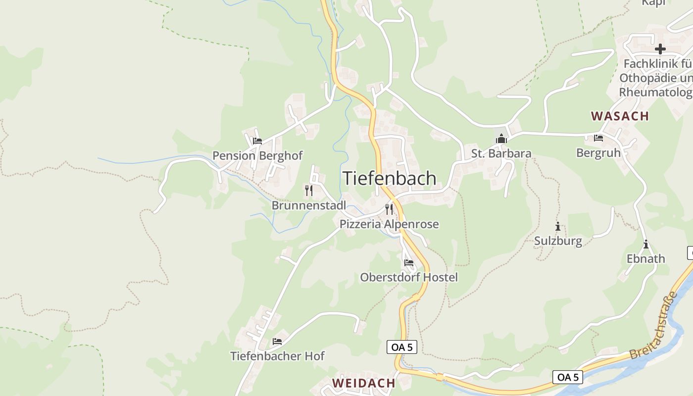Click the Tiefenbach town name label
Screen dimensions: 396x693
[x=390, y=178]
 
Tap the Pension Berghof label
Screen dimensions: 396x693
[x=257, y=155]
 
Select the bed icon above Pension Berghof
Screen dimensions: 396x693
[x=257, y=141]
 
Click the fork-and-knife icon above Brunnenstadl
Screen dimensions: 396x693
[x=309, y=191]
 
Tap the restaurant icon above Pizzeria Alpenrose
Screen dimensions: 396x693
[x=389, y=209]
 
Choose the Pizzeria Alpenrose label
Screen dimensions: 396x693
[x=389, y=224]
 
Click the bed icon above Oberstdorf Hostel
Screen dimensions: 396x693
[x=408, y=263]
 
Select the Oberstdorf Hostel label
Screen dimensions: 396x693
[x=409, y=277]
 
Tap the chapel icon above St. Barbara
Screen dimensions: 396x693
[x=501, y=139]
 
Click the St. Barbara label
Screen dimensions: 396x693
[x=501, y=153]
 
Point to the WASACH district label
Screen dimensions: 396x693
[x=620, y=116]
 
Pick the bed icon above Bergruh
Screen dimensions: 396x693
[x=598, y=138]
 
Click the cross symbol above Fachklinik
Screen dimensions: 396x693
[x=660, y=49]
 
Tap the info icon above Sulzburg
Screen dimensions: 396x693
[x=558, y=227]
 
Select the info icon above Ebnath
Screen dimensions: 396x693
[x=646, y=245]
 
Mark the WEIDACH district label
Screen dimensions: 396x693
[x=364, y=383]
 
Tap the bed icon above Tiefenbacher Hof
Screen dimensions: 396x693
[x=277, y=342]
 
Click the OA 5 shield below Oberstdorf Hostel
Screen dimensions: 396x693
[x=401, y=347]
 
